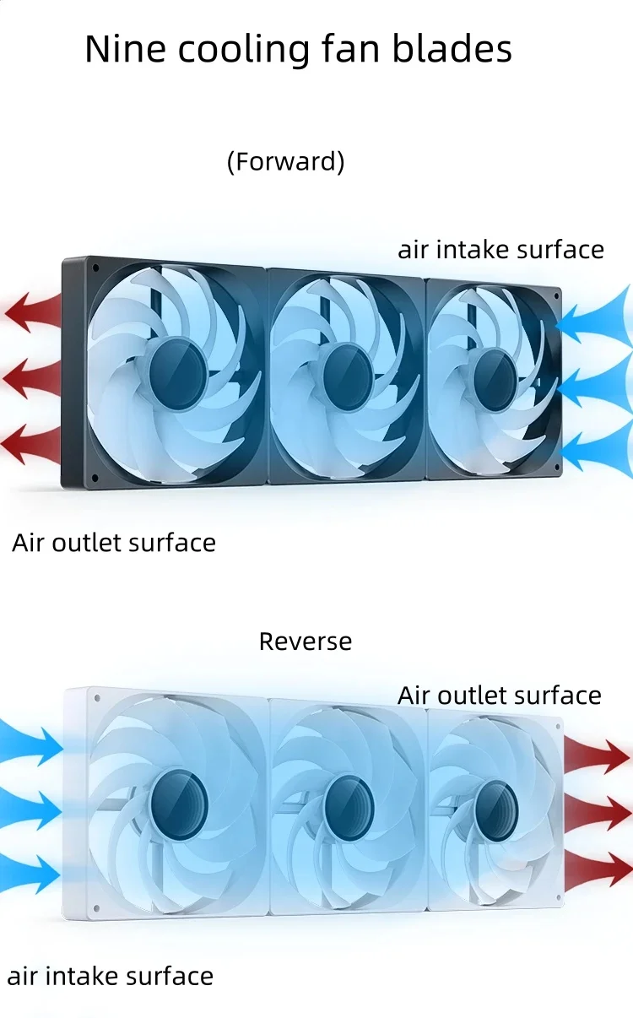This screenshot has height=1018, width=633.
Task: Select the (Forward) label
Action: (x=285, y=161)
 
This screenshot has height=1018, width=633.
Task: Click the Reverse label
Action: (x=305, y=642)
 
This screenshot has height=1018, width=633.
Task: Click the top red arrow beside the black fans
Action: (x=31, y=312)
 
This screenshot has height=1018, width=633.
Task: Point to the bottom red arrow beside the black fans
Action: (x=31, y=443)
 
